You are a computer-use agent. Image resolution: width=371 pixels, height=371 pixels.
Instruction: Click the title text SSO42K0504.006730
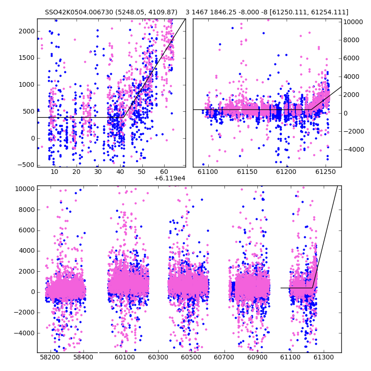pos(79,12)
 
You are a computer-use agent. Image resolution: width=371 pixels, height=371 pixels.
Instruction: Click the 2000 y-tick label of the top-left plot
pos(26,31)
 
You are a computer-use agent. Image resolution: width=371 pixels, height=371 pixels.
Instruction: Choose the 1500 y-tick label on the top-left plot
pos(26,58)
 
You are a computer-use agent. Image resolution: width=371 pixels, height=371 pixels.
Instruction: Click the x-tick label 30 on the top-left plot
pos(98,172)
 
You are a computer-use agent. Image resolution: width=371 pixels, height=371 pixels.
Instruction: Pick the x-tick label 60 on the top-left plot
pos(164,172)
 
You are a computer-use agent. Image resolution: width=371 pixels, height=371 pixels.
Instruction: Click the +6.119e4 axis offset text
pos(170,178)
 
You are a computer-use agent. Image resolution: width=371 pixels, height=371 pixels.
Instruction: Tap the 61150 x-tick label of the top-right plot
pos(247,172)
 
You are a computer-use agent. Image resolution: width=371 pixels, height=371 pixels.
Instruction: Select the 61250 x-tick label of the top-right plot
pos(326,172)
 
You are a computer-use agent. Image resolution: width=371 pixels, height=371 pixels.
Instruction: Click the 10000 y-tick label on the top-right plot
pos(353,22)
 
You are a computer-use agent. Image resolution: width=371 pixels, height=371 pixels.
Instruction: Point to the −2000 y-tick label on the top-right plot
pos(354,131)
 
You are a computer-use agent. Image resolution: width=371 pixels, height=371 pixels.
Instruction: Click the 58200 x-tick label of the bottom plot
pos(50,357)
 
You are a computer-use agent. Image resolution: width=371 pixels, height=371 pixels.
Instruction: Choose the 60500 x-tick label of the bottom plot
pos(191,357)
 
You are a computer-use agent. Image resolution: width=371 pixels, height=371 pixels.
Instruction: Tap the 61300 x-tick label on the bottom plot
pos(323,357)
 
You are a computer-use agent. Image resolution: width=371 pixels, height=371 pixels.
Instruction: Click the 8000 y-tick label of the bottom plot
pos(26,210)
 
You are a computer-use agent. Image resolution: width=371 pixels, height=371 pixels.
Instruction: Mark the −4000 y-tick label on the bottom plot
pos(24,333)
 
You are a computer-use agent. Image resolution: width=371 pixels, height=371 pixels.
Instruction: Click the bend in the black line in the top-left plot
pos(124,117)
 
